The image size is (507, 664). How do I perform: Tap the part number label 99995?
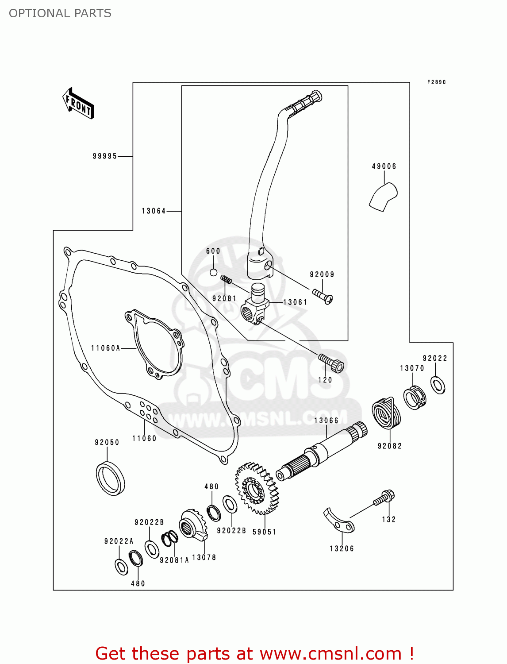105,156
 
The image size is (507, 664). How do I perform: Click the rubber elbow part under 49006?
383,197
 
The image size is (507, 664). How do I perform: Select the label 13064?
154,211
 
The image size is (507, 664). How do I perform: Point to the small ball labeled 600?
213,272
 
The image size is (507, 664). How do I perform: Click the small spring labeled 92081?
227,280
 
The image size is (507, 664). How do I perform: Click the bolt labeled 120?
331,363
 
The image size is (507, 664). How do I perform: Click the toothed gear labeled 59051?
257,489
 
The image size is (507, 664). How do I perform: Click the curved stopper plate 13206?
338,521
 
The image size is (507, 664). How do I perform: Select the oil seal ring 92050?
110,478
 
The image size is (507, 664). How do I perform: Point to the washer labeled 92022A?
121,567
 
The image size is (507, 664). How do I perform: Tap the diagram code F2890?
436,82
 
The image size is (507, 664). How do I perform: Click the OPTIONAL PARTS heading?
60,13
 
